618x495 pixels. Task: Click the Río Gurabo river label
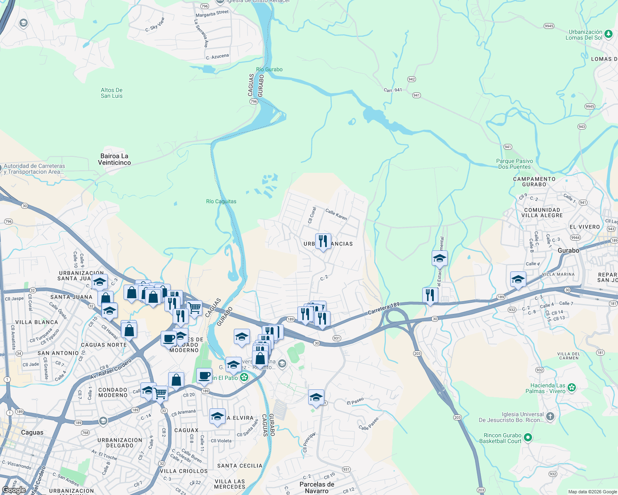click(269, 69)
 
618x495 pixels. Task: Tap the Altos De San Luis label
click(112, 93)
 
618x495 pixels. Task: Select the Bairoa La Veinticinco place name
click(114, 159)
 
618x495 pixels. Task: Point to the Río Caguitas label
click(221, 201)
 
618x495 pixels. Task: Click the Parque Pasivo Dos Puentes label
click(514, 164)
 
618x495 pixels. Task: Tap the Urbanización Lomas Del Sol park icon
click(608, 34)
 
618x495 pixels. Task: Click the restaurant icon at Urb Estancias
click(323, 241)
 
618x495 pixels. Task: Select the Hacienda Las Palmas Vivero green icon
click(572, 387)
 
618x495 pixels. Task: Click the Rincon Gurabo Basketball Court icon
click(528, 437)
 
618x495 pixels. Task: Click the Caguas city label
click(32, 432)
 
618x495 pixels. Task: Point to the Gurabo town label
click(568, 250)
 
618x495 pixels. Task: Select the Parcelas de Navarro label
click(316, 487)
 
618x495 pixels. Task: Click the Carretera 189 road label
click(384, 309)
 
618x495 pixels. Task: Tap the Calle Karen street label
click(336, 214)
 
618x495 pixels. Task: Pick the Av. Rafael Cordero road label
click(110, 370)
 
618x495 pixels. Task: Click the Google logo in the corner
click(14, 490)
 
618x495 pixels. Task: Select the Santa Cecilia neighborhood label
click(240, 466)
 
